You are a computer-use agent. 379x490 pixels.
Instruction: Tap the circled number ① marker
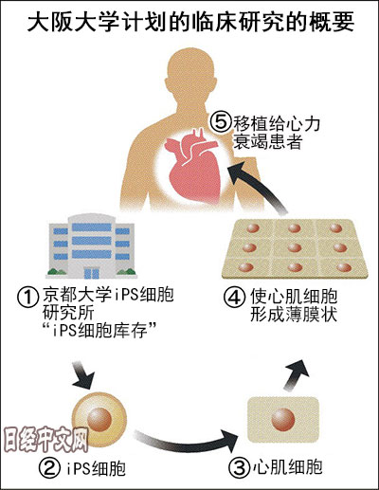pyautogui.click(x=27, y=298)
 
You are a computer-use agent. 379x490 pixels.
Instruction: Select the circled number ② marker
pyautogui.click(x=49, y=468)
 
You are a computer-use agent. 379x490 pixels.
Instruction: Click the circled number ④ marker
pyautogui.click(x=234, y=298)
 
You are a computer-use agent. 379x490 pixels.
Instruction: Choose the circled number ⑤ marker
pyautogui.click(x=221, y=123)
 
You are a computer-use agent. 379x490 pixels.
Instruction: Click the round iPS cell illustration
pyautogui.click(x=99, y=419)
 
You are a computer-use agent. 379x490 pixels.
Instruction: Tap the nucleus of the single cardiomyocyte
pyautogui.click(x=283, y=419)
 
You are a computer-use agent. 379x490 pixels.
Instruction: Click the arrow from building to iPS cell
pyautogui.click(x=83, y=375)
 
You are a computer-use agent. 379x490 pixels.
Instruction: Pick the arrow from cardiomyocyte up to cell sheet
pyautogui.click(x=296, y=374)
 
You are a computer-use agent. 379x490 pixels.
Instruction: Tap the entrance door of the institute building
pyautogui.click(x=91, y=272)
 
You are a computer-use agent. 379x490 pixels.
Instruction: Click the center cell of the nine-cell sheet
pyautogui.click(x=295, y=247)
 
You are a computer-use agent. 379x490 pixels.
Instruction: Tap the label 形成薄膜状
pyautogui.click(x=294, y=315)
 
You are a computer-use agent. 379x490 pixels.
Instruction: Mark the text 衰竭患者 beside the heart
pyautogui.click(x=267, y=141)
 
